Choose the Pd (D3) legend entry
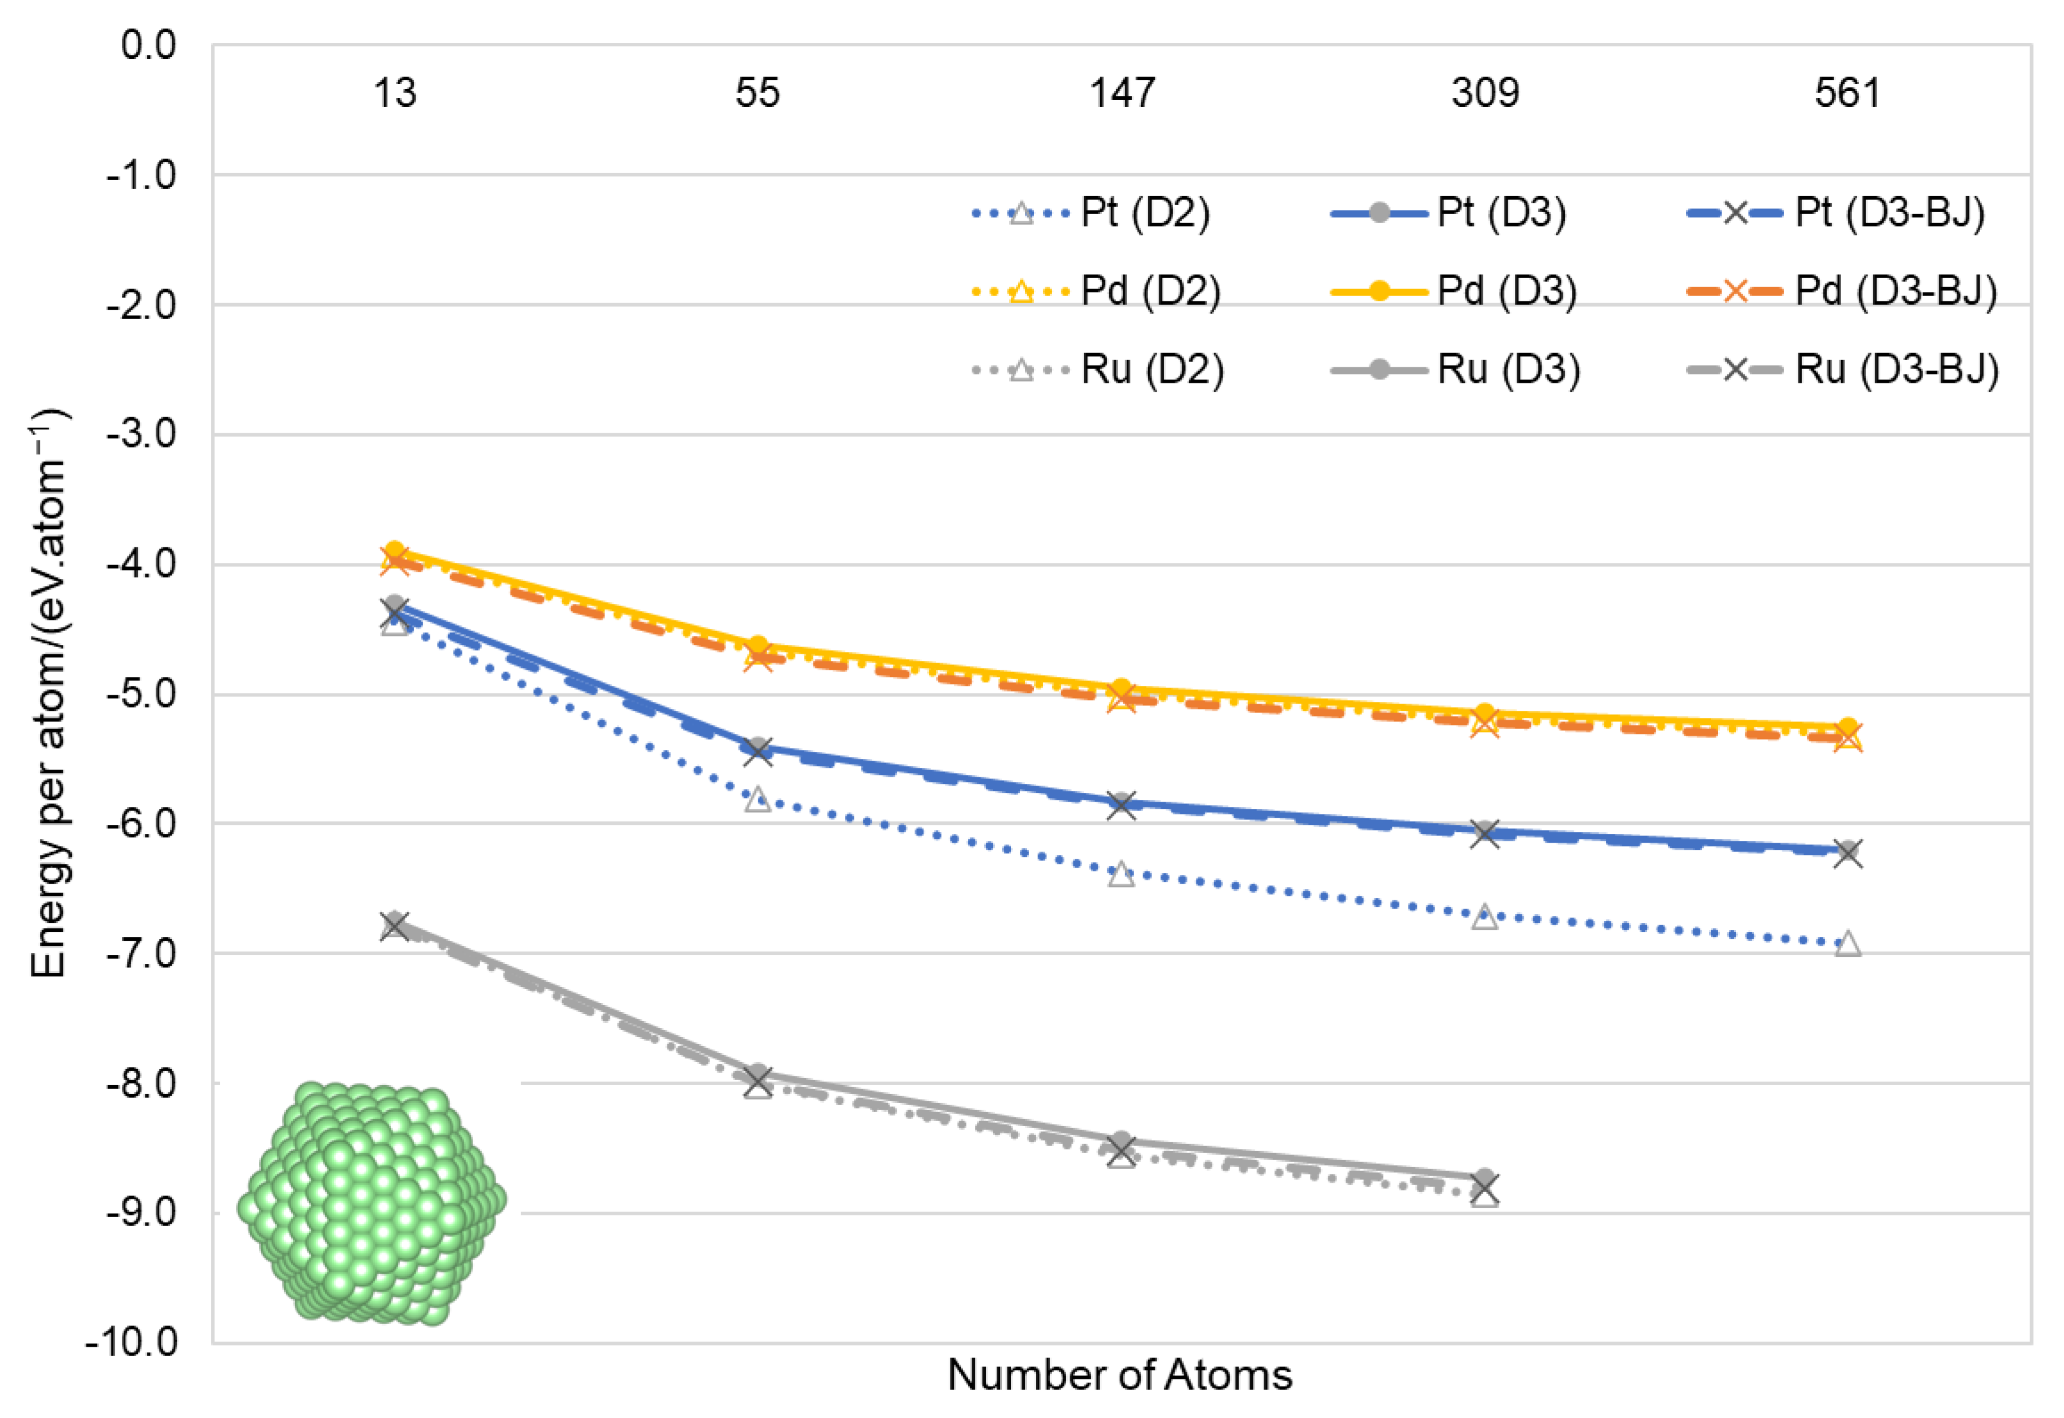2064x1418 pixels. click(x=1454, y=291)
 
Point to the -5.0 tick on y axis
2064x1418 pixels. click(x=142, y=694)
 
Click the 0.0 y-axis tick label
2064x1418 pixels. click(x=149, y=45)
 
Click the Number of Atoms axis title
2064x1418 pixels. click(x=1120, y=1375)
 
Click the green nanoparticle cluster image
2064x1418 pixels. click(x=371, y=1204)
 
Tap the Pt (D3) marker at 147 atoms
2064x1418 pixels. click(x=1121, y=801)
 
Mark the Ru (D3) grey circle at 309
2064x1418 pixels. click(x=1485, y=1178)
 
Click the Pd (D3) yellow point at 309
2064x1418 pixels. click(x=1485, y=713)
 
